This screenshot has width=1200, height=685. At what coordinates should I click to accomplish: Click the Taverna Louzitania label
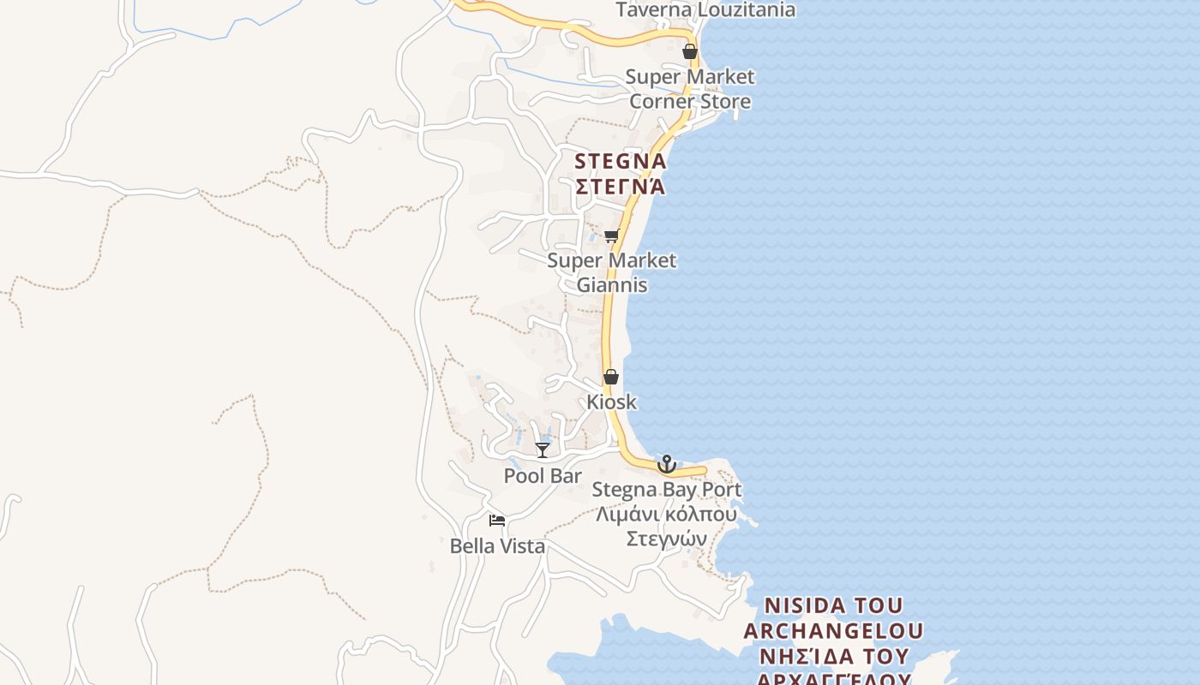click(705, 10)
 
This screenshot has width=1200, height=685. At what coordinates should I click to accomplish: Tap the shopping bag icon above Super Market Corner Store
click(690, 52)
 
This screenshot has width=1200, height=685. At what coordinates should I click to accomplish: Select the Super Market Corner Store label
click(690, 89)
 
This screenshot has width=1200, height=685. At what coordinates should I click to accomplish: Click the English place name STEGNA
click(620, 161)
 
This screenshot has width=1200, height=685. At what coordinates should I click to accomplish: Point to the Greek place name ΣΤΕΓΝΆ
click(620, 186)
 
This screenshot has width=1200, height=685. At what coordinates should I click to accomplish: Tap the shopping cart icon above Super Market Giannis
click(611, 236)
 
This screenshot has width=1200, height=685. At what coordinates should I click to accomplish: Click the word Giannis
click(611, 285)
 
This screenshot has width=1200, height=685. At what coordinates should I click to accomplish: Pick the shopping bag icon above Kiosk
click(611, 377)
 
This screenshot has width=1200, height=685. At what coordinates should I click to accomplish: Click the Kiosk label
click(611, 402)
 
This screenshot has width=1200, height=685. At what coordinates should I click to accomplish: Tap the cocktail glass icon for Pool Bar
click(543, 450)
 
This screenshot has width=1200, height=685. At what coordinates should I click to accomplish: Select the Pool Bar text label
click(543, 476)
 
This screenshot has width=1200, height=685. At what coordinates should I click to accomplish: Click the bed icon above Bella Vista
click(497, 520)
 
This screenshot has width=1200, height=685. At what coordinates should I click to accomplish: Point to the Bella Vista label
click(497, 545)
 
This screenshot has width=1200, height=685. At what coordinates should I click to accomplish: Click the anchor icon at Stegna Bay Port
click(666, 464)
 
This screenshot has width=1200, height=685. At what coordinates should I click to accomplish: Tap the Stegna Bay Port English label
click(666, 490)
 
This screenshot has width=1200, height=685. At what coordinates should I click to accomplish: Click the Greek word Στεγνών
click(666, 539)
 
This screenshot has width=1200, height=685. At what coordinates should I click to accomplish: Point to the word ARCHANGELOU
click(833, 631)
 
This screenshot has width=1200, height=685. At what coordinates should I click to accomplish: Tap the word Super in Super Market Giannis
click(571, 260)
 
